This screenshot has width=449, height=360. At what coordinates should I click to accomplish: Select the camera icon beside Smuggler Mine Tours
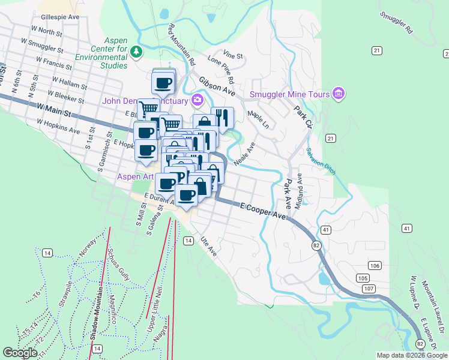[339, 94]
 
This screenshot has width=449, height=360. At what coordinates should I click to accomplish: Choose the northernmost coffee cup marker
[163, 82]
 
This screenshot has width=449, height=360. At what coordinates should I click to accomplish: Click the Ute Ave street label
[208, 245]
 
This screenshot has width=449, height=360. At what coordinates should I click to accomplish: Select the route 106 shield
[375, 265]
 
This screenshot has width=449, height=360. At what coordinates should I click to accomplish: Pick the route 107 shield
[369, 289]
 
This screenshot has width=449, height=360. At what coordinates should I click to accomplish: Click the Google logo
[20, 353]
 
